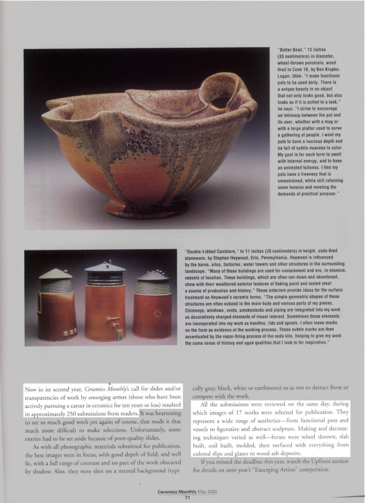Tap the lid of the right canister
152,275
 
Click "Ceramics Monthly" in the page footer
167,492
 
